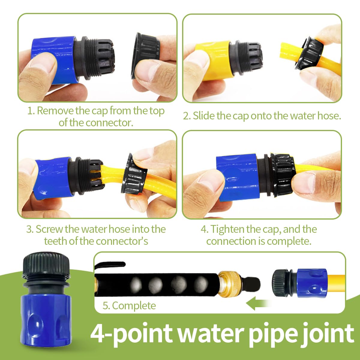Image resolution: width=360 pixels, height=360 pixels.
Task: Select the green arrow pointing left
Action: click(x=258, y=303)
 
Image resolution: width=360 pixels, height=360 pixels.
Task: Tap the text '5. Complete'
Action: click(x=129, y=306)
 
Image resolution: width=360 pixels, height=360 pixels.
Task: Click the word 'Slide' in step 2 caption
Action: click(x=204, y=116)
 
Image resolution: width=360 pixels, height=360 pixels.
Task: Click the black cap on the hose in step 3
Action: click(x=134, y=174)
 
